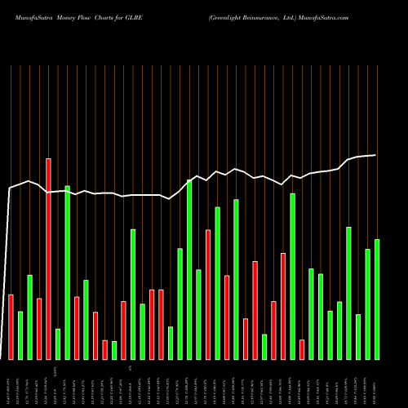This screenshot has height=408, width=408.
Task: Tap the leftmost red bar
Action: click(11, 326)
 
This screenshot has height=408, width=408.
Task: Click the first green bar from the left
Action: click(20, 335)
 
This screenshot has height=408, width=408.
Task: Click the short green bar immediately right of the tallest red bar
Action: click(57, 344)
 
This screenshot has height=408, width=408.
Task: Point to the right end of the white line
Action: click(376, 155)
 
